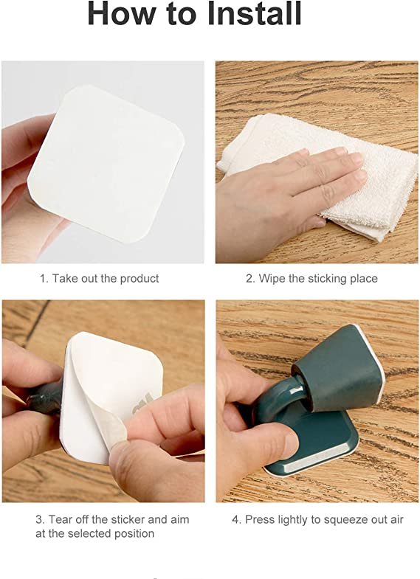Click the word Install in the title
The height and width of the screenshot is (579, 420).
[x=254, y=14]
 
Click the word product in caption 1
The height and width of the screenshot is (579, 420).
[x=140, y=278]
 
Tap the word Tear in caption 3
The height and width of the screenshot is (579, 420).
[x=61, y=519]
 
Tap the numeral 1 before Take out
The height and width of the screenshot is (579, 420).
[x=44, y=278]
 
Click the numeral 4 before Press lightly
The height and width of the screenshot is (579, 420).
[x=236, y=519]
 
